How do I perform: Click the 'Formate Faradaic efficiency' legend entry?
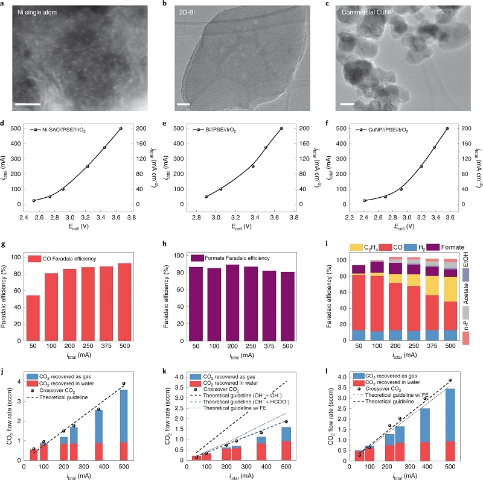(231, 258)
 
